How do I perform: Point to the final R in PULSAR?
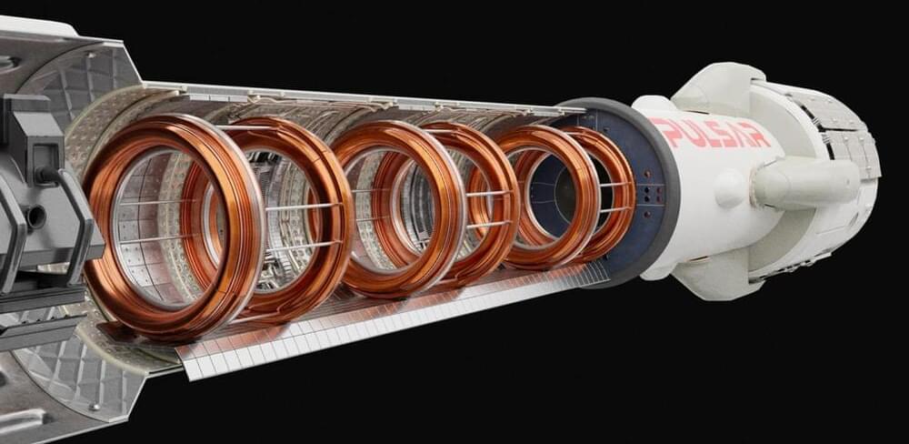(x=757, y=135)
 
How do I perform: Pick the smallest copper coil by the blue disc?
(x=626, y=192)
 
